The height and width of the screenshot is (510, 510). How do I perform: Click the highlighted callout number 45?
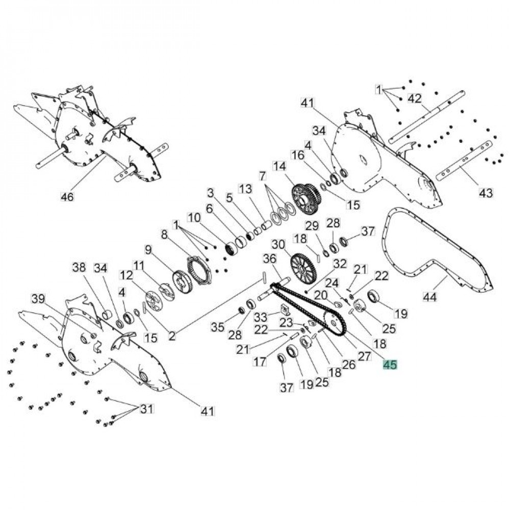tap(390, 365)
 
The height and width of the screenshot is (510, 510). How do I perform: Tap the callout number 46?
tap(67, 196)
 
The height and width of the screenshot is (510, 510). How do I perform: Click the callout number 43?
tap(486, 193)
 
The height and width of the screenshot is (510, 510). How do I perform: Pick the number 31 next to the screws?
tap(147, 409)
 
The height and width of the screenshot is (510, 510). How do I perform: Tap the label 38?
tap(79, 267)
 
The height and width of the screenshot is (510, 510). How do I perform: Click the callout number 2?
tap(172, 336)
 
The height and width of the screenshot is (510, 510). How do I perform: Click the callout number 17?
tap(260, 362)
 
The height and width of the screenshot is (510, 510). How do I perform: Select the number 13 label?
tap(245, 189)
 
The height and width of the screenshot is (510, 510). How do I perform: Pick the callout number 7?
tap(262, 176)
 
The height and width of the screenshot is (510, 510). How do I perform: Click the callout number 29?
tap(312, 226)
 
